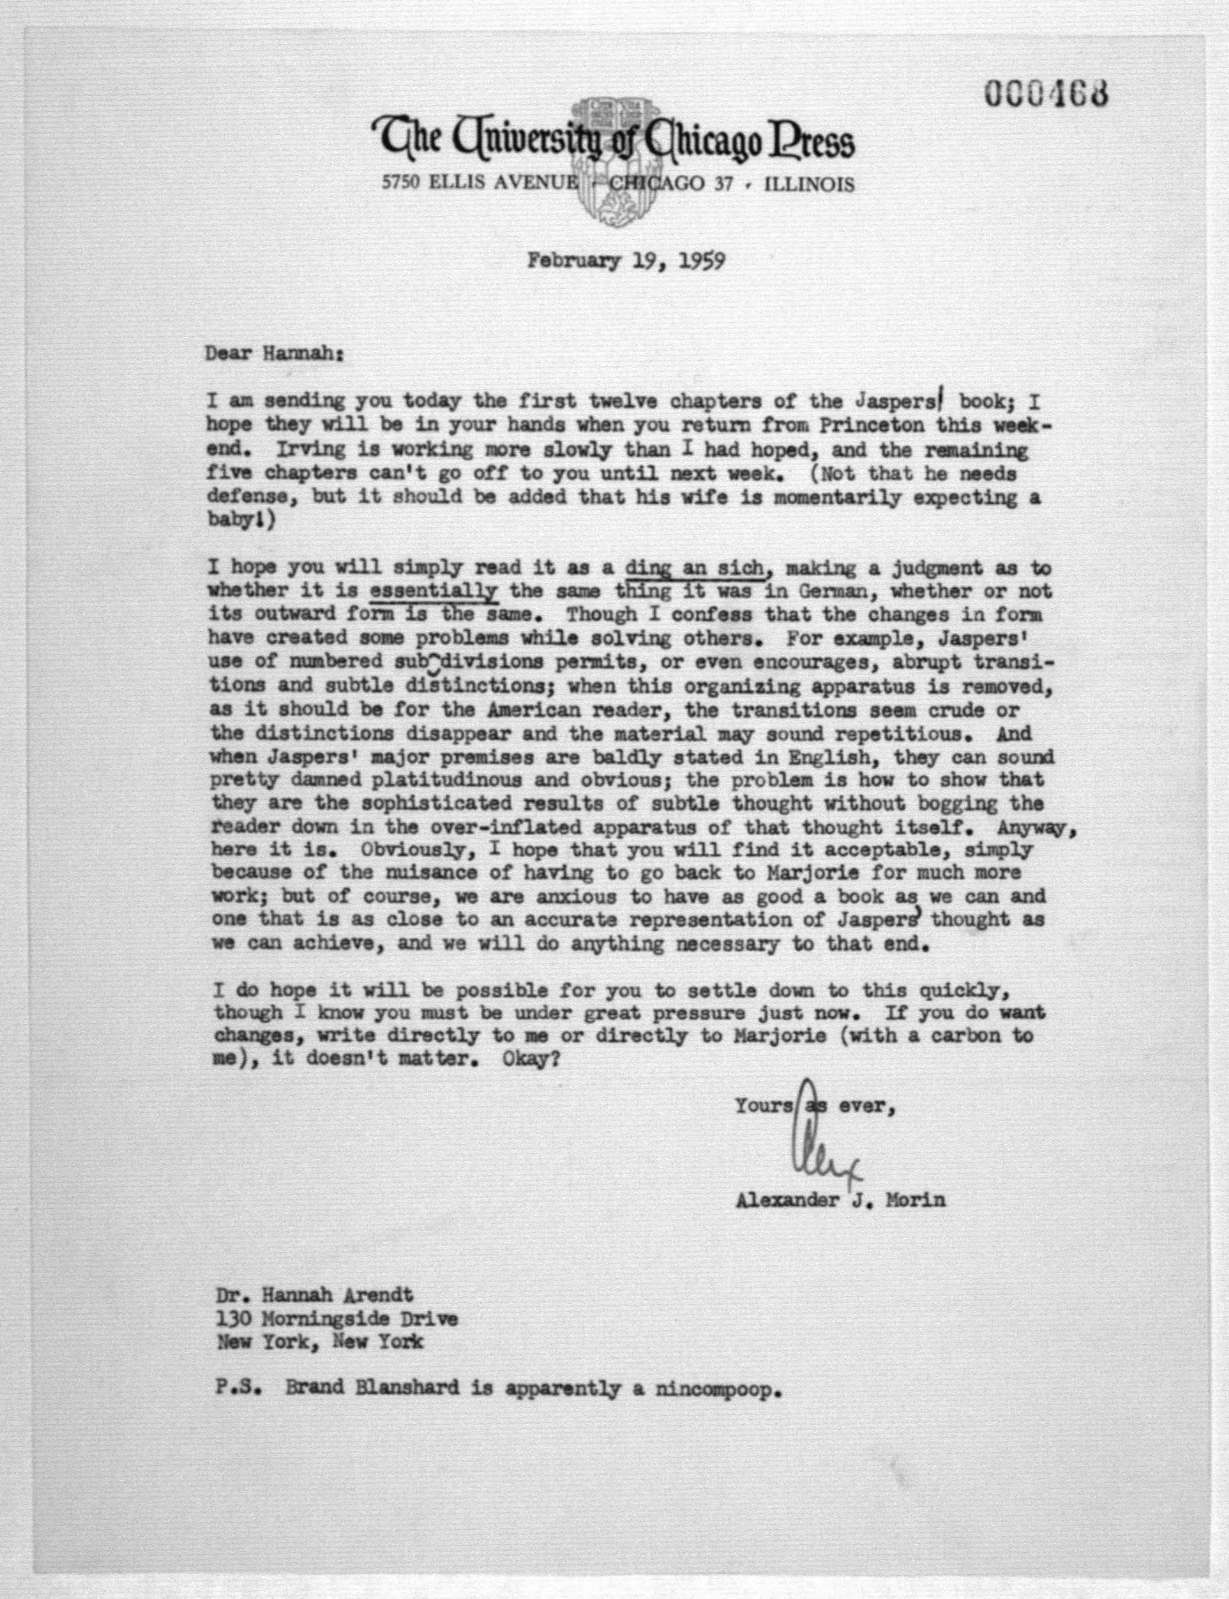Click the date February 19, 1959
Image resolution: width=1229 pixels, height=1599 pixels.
627,261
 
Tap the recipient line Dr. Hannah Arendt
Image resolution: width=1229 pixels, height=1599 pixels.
315,1295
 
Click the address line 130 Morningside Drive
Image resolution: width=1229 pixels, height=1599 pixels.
336,1319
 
